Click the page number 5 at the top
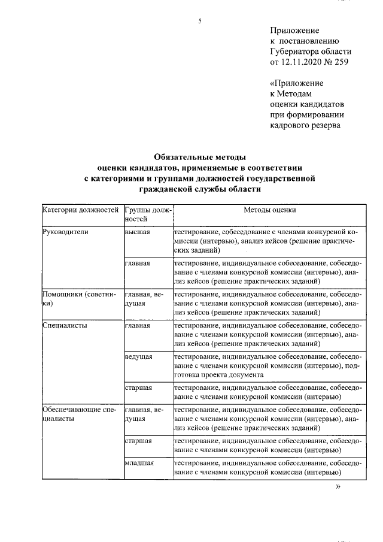(x=200, y=22)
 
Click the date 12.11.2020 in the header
(x=302, y=62)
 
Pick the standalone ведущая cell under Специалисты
(x=139, y=357)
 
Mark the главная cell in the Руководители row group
(x=138, y=262)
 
